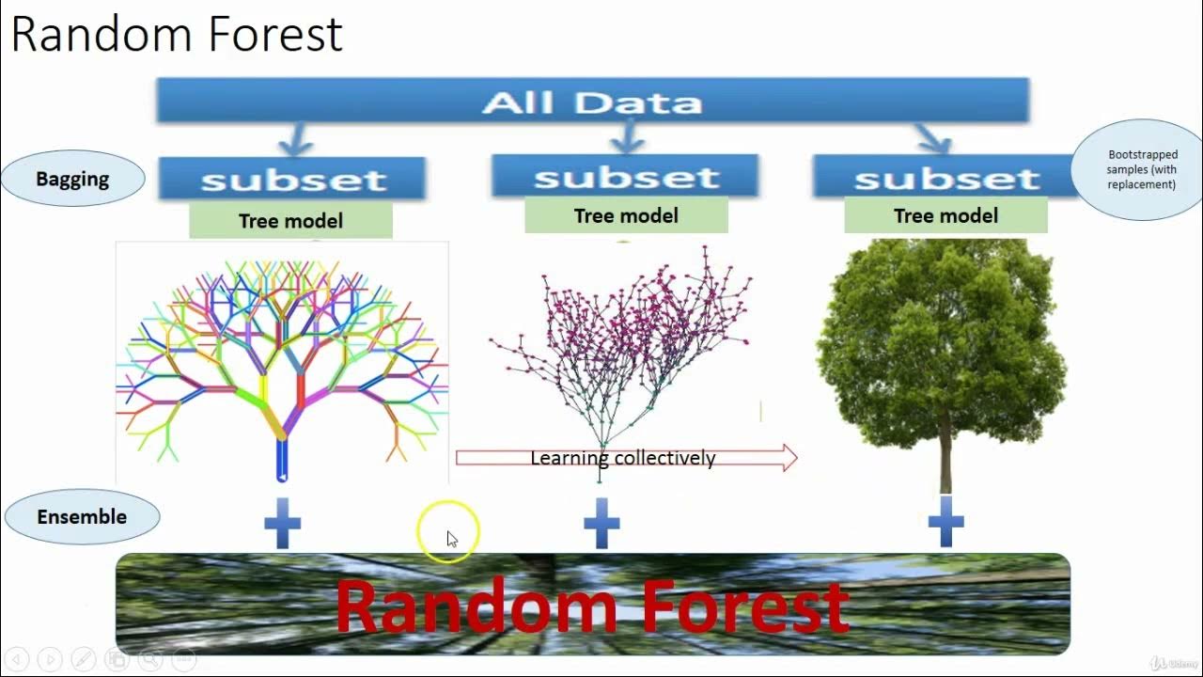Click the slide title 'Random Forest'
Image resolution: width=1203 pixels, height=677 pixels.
click(176, 35)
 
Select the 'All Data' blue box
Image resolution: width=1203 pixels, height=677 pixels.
click(592, 101)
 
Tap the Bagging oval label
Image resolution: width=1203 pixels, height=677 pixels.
click(72, 179)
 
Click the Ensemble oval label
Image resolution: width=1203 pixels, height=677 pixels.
click(82, 517)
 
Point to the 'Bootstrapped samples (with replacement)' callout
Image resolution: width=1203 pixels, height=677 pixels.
click(1141, 170)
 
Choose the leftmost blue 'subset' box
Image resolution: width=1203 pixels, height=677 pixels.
click(292, 179)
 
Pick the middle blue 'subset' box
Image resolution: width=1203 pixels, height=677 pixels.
click(625, 176)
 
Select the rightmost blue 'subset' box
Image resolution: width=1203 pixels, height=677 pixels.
click(945, 177)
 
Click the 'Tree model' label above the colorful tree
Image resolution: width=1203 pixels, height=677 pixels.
click(290, 221)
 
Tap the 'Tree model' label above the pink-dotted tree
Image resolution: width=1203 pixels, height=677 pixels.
click(626, 215)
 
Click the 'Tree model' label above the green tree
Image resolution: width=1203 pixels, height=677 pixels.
click(945, 215)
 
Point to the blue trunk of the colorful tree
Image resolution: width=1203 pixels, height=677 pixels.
click(281, 460)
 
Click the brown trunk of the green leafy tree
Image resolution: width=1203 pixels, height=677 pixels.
click(945, 461)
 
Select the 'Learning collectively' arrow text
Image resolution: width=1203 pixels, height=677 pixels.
click(623, 459)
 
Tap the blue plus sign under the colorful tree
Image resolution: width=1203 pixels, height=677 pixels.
click(282, 523)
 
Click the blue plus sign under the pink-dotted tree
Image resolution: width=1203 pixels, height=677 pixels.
click(601, 523)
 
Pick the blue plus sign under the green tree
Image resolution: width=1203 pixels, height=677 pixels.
click(945, 522)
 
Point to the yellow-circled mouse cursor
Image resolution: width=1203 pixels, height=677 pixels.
click(449, 534)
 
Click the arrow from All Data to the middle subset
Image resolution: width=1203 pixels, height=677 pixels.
click(627, 139)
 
